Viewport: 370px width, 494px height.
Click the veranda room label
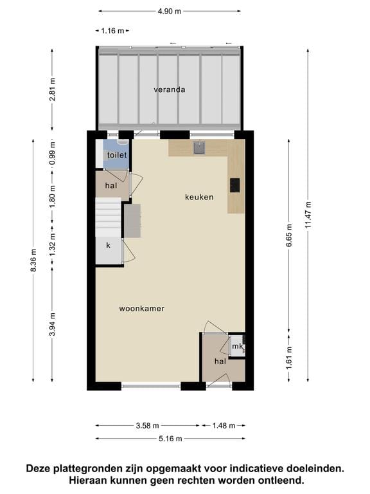click(x=170, y=89)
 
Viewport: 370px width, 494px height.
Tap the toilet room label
click(x=117, y=156)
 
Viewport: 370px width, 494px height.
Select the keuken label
click(x=199, y=197)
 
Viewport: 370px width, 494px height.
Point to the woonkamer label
click(x=142, y=309)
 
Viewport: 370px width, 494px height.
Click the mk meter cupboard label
click(x=238, y=347)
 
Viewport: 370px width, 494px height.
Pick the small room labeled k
click(x=109, y=246)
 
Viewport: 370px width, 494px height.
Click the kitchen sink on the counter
click(x=200, y=149)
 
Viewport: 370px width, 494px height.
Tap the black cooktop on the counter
click(x=235, y=185)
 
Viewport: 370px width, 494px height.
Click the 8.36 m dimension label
click(x=33, y=259)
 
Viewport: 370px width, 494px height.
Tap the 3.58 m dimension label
click(x=147, y=425)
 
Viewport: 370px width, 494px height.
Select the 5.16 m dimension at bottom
click(x=170, y=439)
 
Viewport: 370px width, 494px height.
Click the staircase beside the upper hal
click(x=108, y=217)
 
